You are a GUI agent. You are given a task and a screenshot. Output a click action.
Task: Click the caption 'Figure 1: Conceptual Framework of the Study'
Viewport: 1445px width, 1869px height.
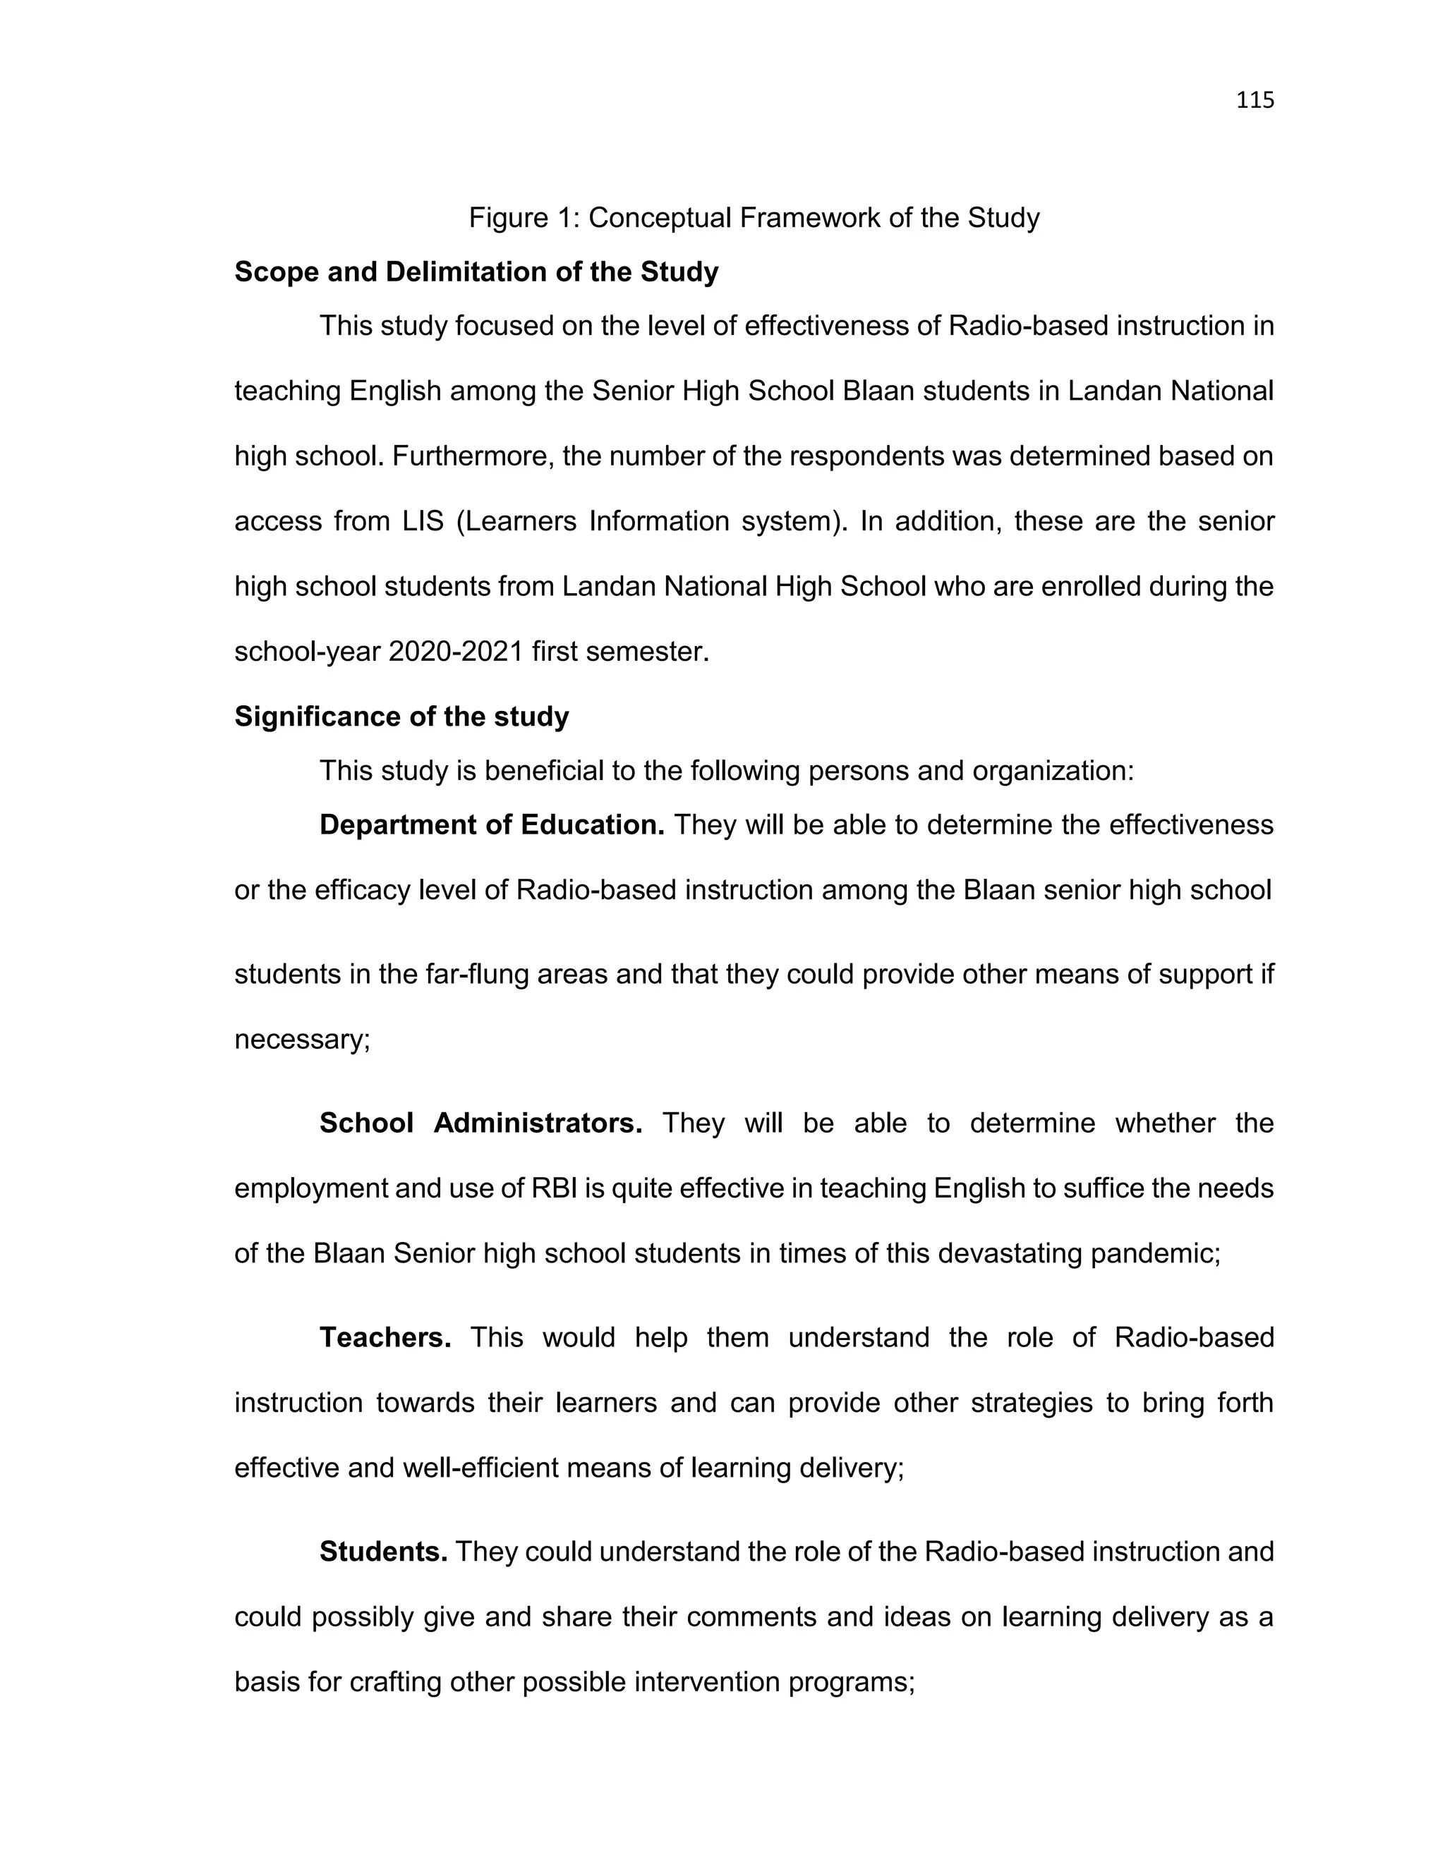(754, 218)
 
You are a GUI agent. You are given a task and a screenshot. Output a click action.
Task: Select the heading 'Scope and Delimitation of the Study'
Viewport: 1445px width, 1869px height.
(476, 272)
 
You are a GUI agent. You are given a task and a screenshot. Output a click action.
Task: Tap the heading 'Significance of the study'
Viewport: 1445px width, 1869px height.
(401, 717)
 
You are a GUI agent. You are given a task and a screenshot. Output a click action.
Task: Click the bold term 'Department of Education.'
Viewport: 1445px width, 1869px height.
(491, 825)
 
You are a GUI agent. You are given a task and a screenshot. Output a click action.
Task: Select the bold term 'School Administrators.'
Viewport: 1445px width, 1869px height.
(480, 1123)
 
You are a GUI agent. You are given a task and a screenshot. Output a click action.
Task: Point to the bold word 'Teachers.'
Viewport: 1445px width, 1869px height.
(385, 1337)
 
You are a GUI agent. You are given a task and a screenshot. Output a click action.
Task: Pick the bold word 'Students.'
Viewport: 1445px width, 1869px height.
(382, 1552)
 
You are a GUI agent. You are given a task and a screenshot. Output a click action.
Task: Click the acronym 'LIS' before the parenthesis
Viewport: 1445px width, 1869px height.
(423, 521)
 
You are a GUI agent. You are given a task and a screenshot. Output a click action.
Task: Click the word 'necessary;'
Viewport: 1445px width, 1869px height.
(302, 1039)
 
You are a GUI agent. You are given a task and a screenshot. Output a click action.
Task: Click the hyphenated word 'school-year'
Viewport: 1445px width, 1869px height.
(308, 652)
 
